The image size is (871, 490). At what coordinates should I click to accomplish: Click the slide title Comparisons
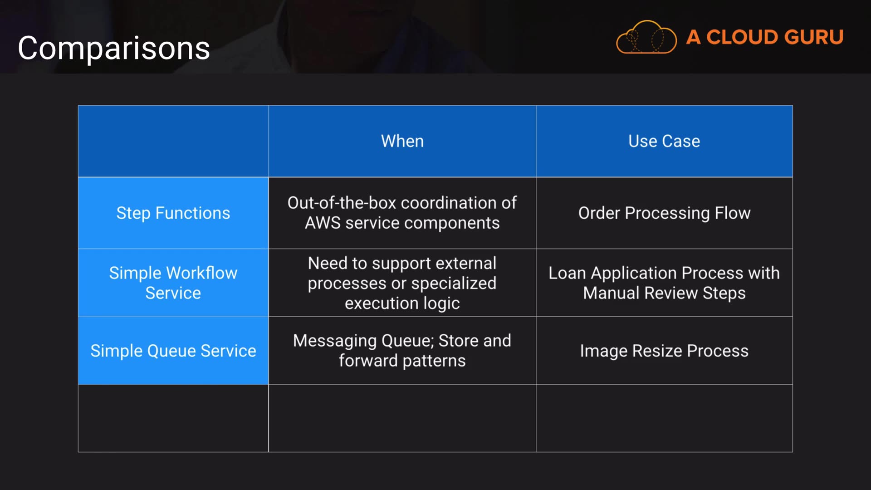point(114,48)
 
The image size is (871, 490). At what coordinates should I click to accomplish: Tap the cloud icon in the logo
point(646,38)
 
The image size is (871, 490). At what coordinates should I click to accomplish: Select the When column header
point(402,141)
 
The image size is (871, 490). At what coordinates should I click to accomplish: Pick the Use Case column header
point(664,141)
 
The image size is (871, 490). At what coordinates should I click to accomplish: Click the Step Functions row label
point(173,213)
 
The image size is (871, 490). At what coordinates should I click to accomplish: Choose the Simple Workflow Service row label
point(173,283)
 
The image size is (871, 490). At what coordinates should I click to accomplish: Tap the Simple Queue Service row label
point(173,351)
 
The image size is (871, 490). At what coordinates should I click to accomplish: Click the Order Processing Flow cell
point(664,213)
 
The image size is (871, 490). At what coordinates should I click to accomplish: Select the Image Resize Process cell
point(664,351)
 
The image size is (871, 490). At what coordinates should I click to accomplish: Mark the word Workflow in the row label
point(201,273)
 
